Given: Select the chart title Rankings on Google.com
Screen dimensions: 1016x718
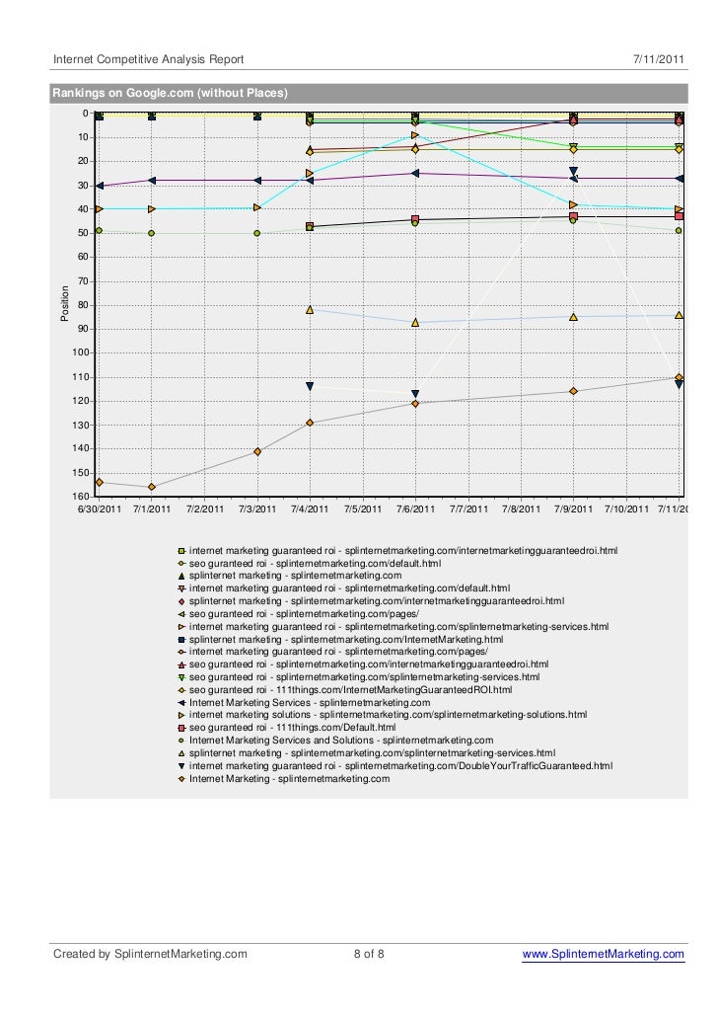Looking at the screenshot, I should click(x=171, y=95).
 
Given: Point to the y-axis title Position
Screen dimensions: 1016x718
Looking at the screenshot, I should click(x=66, y=303).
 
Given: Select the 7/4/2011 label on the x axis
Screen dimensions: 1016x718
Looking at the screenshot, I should click(x=310, y=509).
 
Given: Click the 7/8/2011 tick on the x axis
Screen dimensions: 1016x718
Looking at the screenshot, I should click(x=521, y=509).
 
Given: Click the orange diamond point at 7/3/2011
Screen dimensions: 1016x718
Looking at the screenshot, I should click(x=257, y=451).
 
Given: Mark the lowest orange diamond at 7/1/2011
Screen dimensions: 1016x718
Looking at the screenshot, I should click(x=151, y=487).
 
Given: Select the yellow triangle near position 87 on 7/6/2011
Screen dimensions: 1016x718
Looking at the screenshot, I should click(x=415, y=322).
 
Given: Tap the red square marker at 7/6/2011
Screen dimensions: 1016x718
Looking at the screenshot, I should click(x=415, y=219).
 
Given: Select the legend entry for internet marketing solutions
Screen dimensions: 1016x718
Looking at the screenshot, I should click(x=388, y=714).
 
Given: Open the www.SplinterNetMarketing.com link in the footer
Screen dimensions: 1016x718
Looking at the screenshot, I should click(x=603, y=954).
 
